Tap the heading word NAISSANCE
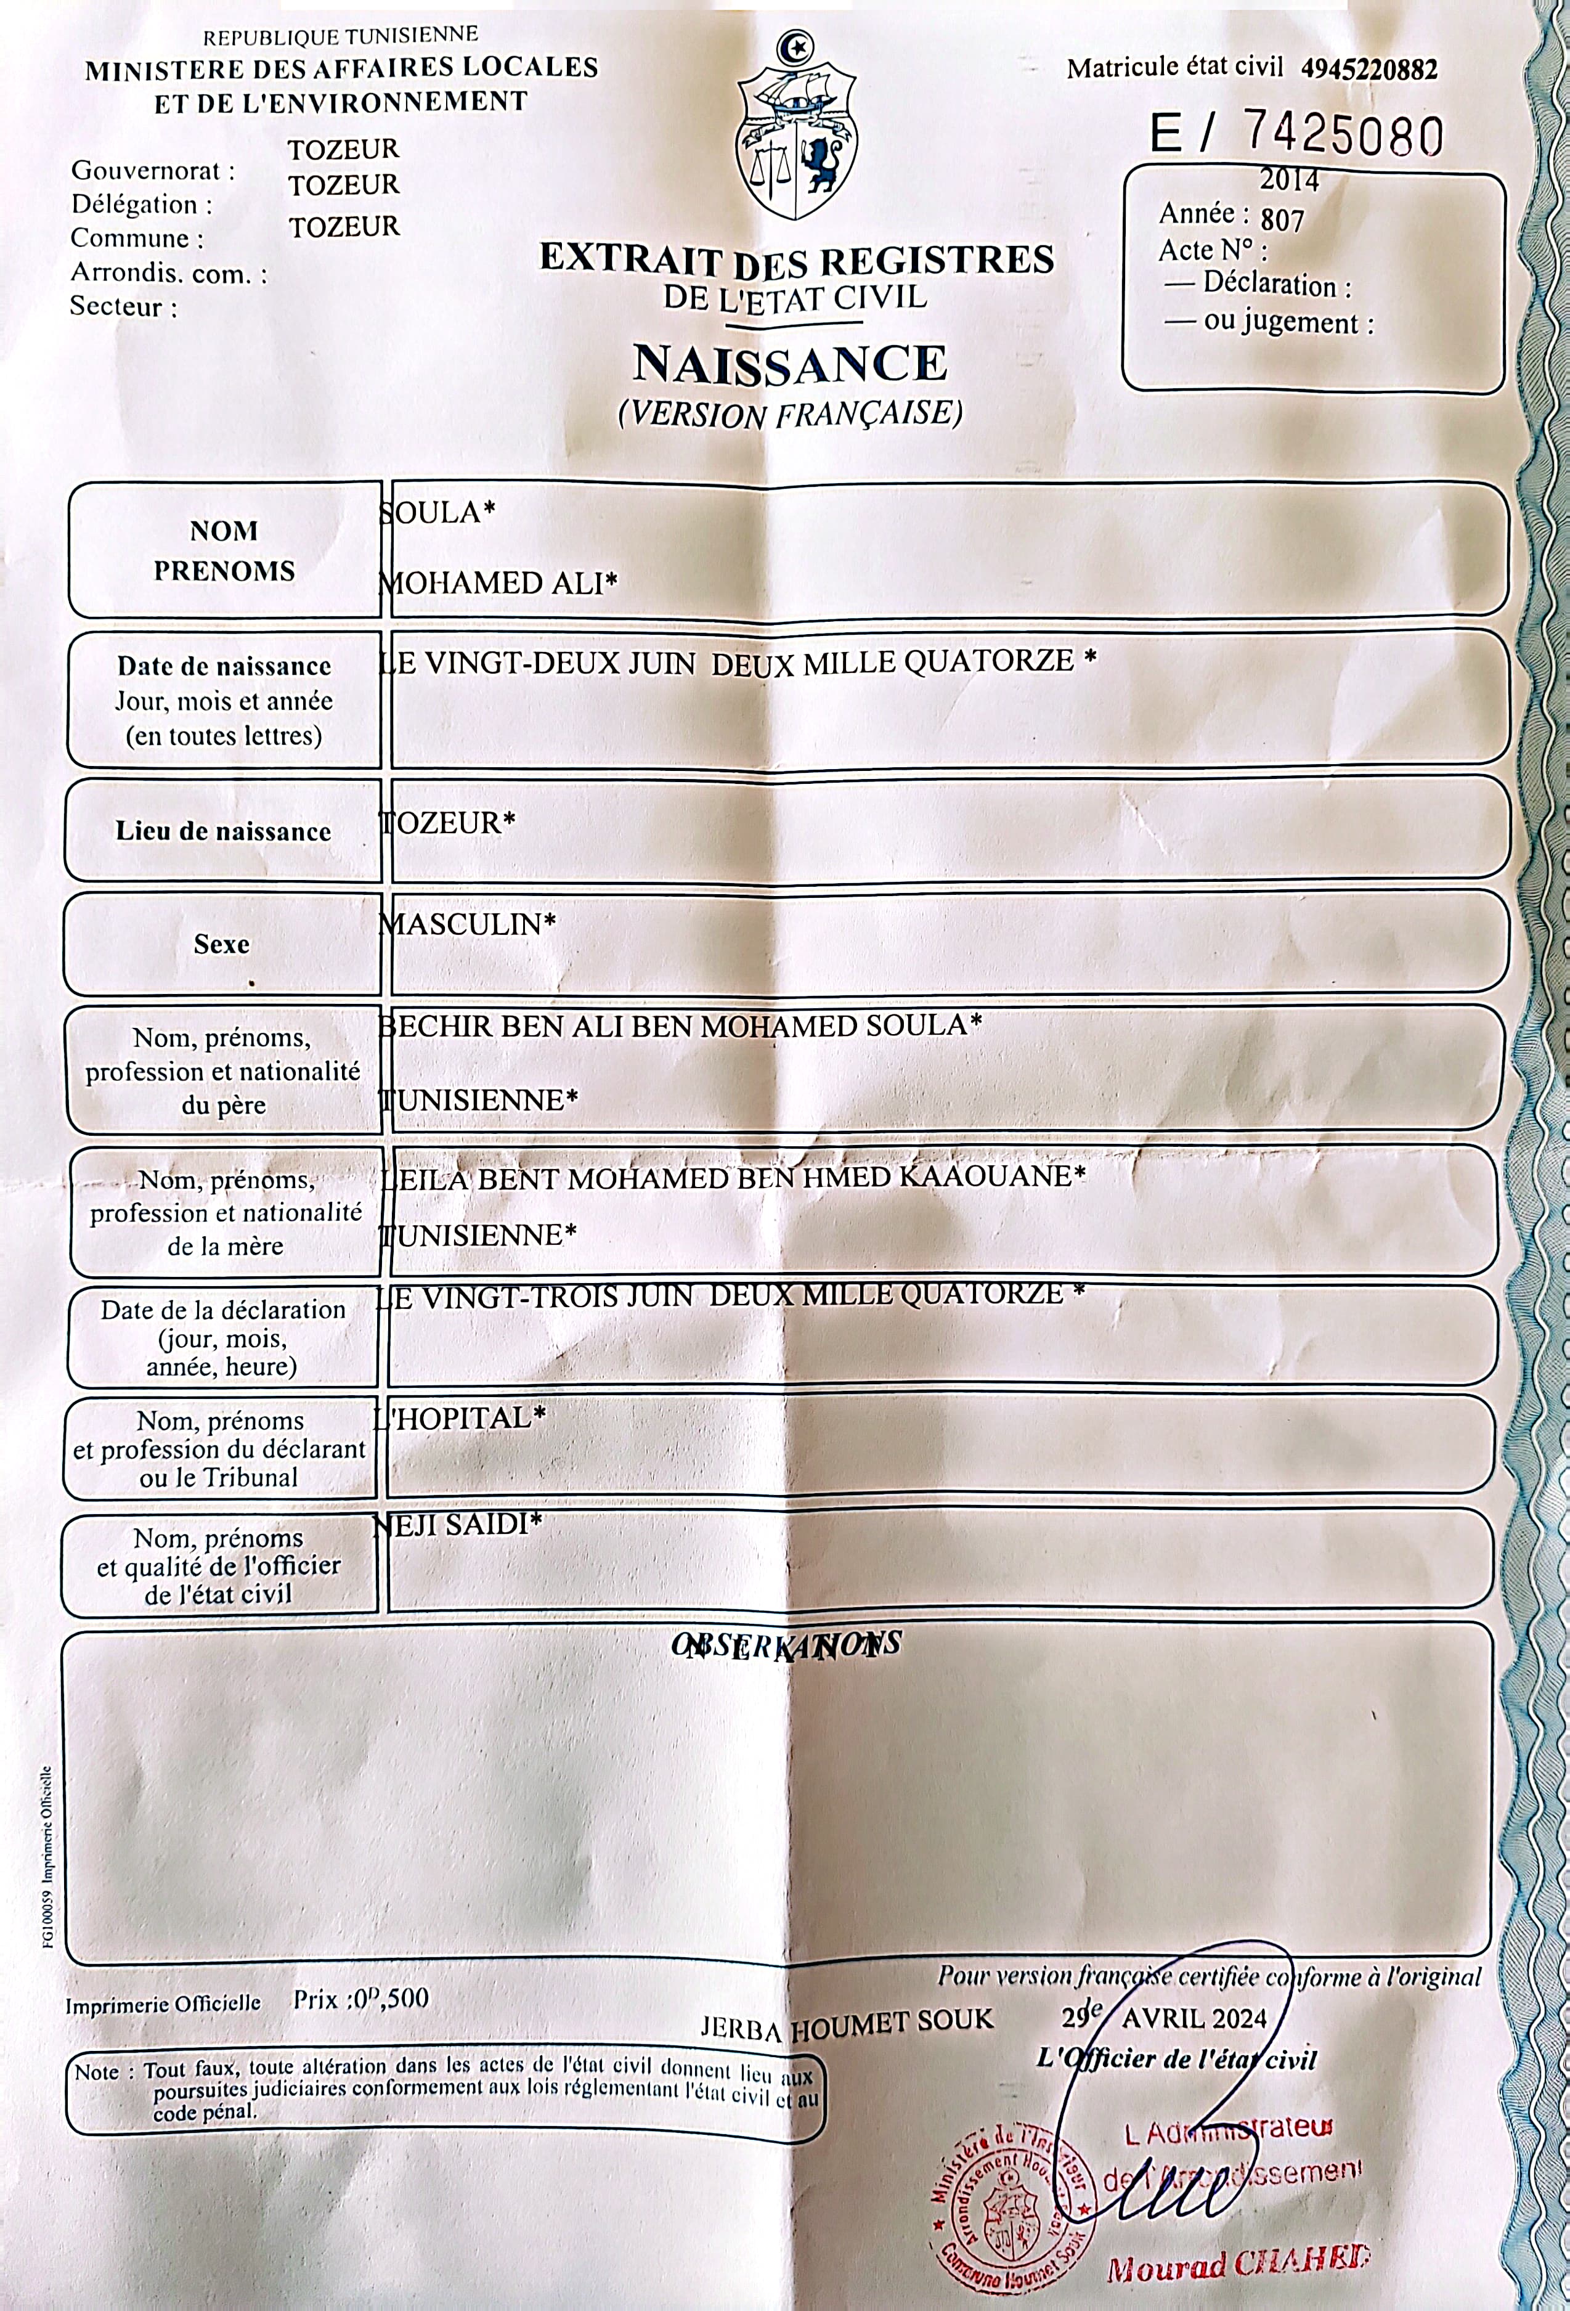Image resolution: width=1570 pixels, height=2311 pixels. coord(791,364)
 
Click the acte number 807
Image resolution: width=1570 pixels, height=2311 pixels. coord(1283,219)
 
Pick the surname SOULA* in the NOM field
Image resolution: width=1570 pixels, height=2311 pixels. coord(437,513)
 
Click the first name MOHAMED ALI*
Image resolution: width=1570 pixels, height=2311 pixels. coord(498,583)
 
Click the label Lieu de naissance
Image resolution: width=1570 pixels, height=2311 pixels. coord(224,831)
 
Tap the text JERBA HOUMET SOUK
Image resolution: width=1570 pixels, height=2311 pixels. coord(846,2021)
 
